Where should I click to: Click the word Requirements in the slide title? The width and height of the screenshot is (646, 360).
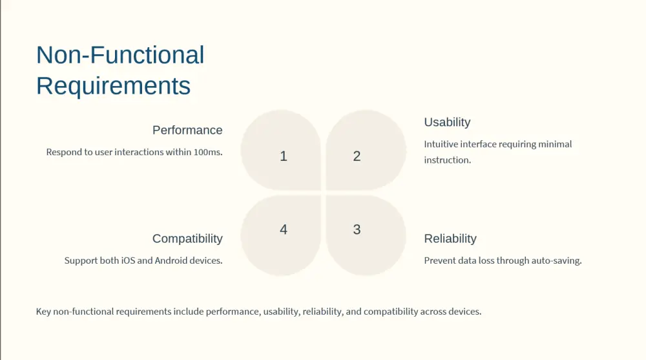(x=113, y=86)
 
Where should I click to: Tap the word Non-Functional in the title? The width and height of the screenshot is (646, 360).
(x=120, y=55)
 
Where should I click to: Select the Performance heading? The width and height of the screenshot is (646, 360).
(x=187, y=131)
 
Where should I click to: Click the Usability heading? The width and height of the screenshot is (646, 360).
(x=447, y=122)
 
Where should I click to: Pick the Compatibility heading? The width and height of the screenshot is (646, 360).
(x=187, y=238)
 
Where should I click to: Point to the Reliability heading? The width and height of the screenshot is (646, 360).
(x=450, y=238)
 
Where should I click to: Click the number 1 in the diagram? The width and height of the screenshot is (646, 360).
(x=284, y=156)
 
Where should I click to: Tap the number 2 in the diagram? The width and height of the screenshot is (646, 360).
(x=357, y=156)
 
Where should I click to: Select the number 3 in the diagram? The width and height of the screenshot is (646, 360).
(x=357, y=229)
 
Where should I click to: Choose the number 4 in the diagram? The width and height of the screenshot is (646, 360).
(x=284, y=229)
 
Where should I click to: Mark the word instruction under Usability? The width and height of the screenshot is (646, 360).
(x=447, y=160)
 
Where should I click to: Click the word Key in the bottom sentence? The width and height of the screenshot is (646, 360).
(x=43, y=312)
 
